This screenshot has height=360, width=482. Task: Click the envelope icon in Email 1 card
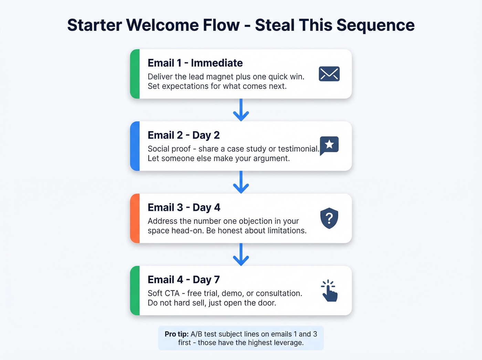pos(329,74)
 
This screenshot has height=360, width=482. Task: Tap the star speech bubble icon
pos(329,145)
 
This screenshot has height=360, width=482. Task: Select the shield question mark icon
pos(329,218)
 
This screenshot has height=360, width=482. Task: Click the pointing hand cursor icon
pos(329,291)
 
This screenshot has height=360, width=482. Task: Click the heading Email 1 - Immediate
pos(195,63)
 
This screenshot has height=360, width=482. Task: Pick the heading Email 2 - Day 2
pos(184,135)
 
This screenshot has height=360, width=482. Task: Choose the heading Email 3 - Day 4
pos(184,208)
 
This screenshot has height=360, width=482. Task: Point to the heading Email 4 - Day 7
pos(184,280)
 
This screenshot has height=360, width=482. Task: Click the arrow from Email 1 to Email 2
pos(241,110)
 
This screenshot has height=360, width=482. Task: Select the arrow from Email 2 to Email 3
pos(241,182)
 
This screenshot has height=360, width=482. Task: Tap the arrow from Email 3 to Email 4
pos(241,255)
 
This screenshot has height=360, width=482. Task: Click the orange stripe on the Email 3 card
pos(135,218)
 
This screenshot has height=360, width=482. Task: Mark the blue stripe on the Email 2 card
pos(135,146)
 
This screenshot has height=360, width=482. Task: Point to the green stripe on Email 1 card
pos(135,74)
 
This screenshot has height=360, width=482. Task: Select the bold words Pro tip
pos(176,334)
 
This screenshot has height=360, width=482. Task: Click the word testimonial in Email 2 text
pos(298,149)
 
